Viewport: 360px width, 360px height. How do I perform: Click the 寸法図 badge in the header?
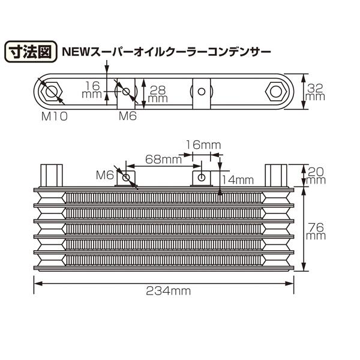[31, 52]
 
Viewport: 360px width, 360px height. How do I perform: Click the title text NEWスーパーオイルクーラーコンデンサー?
[166, 52]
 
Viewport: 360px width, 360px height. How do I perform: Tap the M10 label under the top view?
[55, 116]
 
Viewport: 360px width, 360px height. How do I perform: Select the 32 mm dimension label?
[315, 92]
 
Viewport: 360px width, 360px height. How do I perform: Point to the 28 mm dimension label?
[158, 94]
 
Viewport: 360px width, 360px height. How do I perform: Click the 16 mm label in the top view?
[92, 89]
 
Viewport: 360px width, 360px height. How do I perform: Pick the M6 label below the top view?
[128, 116]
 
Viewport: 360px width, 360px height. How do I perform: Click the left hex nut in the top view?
[52, 92]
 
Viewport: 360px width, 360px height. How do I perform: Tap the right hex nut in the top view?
[276, 92]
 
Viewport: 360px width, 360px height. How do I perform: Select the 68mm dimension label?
[163, 160]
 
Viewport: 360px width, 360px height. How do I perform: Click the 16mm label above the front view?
[203, 145]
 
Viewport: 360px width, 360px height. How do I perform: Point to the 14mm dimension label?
[238, 180]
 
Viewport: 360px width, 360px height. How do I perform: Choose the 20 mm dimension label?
[316, 175]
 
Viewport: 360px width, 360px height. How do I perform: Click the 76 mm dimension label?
[316, 232]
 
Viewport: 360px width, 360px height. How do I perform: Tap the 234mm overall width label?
[168, 292]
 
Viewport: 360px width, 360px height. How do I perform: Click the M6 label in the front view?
[104, 175]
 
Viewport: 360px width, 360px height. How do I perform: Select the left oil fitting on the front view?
[52, 175]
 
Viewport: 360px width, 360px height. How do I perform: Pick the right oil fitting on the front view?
[276, 175]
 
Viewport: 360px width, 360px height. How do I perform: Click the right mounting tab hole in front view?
[202, 177]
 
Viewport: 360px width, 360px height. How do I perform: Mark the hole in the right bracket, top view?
[202, 92]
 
